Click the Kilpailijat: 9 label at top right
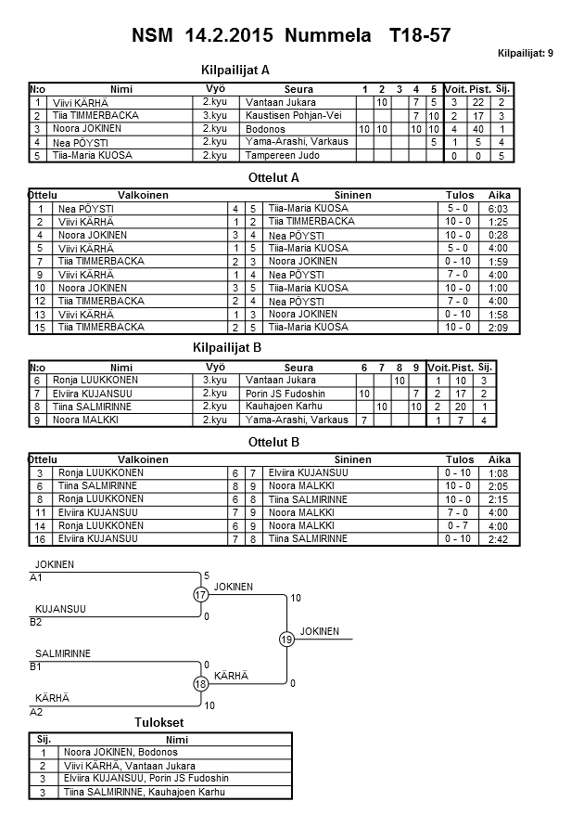526,54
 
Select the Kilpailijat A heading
235,70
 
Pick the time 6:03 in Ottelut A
499,209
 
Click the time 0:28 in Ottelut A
499,236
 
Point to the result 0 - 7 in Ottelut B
460,525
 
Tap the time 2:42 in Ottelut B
499,539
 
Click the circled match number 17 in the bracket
201,595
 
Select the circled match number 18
201,684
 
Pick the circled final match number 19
286,640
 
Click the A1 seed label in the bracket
36,578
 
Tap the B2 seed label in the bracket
36,622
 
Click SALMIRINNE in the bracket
62,653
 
